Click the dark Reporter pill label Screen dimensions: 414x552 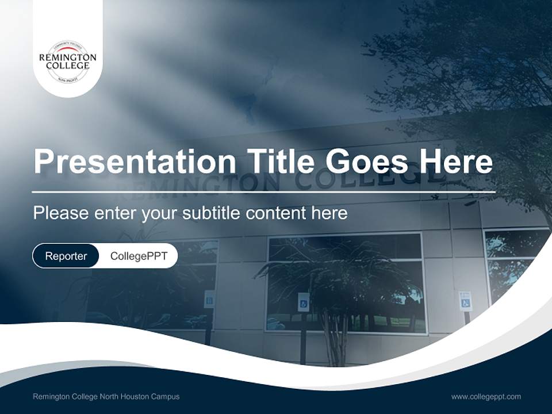pos(66,256)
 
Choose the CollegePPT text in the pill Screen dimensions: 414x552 pos(139,256)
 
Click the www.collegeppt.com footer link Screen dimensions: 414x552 pos(486,396)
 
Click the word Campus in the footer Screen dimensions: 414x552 pos(166,396)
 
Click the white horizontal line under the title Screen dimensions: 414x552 pos(263,191)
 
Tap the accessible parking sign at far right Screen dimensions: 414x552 pos(465,301)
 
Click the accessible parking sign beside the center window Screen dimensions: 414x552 pos(303,302)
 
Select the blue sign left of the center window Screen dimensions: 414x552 pos(209,298)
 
